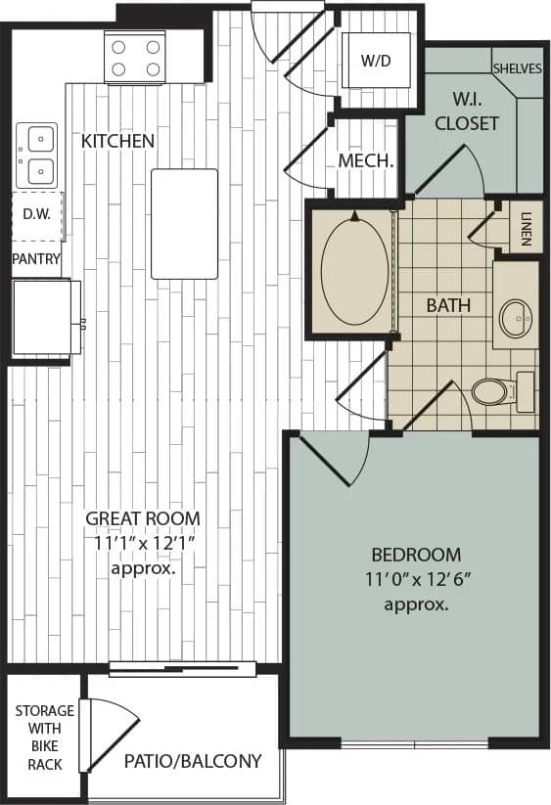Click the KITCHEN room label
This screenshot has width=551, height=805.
(x=117, y=141)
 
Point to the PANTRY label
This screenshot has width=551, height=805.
(x=36, y=259)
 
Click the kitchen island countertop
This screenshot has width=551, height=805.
(x=184, y=223)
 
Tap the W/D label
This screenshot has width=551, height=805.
(x=375, y=60)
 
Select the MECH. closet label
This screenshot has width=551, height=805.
(x=366, y=160)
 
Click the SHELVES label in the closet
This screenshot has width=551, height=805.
(x=518, y=68)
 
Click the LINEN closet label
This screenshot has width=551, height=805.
(x=527, y=227)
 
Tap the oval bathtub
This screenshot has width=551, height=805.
(x=353, y=272)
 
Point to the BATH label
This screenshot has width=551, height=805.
(x=448, y=305)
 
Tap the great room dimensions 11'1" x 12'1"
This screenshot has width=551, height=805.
(x=143, y=542)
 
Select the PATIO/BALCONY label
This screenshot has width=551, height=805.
(x=193, y=760)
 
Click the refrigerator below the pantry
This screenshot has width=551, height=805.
(x=45, y=317)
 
